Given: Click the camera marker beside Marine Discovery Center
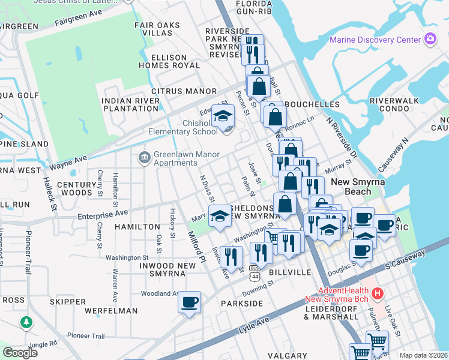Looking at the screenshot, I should [430, 40].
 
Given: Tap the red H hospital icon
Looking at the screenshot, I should [378, 293].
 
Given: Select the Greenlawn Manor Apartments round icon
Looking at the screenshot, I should [144, 158].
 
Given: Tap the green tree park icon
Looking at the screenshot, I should [26, 323].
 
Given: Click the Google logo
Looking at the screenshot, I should [20, 353].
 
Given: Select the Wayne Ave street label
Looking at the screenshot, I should [68, 162].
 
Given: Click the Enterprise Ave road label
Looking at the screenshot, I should [103, 213].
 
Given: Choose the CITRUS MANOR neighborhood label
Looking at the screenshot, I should [184, 91].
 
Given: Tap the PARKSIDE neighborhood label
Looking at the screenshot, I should [241, 304].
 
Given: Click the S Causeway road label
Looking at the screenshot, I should [405, 259].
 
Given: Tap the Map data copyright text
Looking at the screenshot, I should [423, 355].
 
